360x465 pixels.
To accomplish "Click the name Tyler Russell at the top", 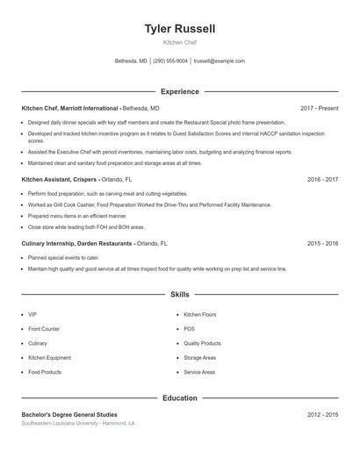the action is click(x=179, y=29).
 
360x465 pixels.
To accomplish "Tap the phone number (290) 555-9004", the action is click(x=170, y=61).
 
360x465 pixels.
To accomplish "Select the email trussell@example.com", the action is click(x=219, y=61).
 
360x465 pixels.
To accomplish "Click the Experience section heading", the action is click(x=179, y=91).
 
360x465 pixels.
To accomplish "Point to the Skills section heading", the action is click(x=179, y=295).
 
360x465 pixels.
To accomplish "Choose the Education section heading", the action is click(x=179, y=397).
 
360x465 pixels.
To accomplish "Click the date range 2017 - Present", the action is click(x=319, y=108).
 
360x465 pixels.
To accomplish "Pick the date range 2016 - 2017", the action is click(x=322, y=179).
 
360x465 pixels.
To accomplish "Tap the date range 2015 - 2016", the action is click(x=322, y=243).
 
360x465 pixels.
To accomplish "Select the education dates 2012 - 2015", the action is click(x=322, y=414).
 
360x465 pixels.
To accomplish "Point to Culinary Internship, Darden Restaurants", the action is click(x=77, y=243).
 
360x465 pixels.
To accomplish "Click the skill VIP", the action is click(x=32, y=314).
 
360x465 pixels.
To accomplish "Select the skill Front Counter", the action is click(x=43, y=329).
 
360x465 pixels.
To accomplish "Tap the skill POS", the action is click(x=189, y=329).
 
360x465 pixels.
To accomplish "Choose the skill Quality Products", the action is click(x=202, y=343).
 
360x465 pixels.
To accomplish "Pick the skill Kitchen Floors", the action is click(x=199, y=314).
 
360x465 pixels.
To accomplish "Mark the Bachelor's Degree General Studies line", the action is click(x=68, y=414).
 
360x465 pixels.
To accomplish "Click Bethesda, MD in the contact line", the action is click(x=131, y=61).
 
